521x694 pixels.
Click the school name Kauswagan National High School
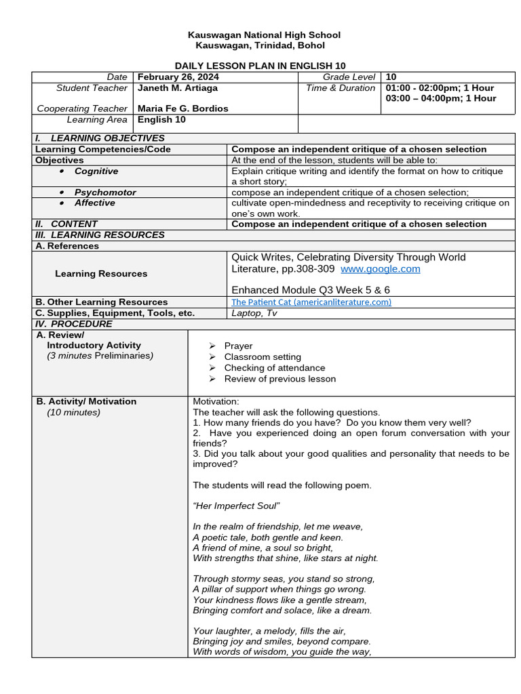tap(264, 35)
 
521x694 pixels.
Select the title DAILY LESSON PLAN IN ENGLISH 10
tap(260, 66)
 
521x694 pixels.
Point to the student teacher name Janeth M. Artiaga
tap(178, 88)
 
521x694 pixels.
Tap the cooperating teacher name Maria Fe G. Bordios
tap(182, 108)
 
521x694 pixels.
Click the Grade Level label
tap(349, 77)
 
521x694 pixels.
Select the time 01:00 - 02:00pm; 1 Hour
tap(440, 88)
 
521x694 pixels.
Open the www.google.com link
tap(380, 269)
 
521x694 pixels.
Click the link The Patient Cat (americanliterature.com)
tap(311, 302)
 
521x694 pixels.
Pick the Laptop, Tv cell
tap(254, 313)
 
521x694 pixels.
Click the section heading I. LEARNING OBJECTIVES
tap(100, 138)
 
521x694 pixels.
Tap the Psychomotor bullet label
tap(105, 192)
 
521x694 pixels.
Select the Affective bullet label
tap(95, 203)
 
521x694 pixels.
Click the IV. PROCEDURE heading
tap(74, 324)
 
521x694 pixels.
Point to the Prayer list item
tap(238, 346)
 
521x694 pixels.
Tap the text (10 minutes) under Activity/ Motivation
tap(73, 412)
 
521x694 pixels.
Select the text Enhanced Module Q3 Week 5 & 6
tap(311, 290)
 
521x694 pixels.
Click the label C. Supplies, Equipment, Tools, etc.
tap(115, 313)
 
